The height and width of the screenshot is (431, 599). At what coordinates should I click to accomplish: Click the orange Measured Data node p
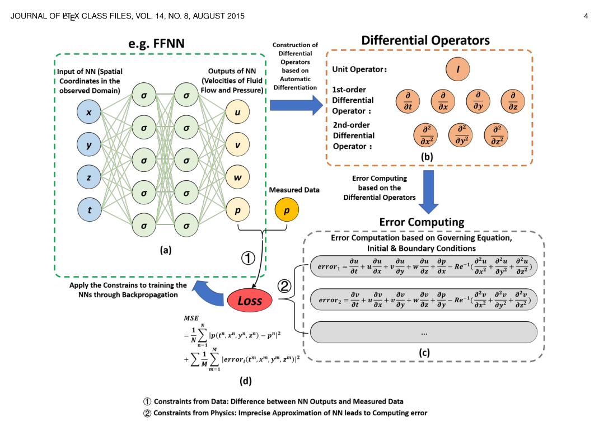click(287, 210)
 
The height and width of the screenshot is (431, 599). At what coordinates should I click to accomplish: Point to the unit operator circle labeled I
click(457, 69)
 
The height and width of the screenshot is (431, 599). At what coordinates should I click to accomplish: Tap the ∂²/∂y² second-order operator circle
click(461, 135)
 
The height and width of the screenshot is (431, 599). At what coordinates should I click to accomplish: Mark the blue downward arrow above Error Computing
click(429, 191)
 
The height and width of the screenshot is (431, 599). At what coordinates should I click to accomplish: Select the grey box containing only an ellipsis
click(423, 332)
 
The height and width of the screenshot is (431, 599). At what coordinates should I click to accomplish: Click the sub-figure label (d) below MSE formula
click(246, 381)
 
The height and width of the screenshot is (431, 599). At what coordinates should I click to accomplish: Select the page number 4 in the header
click(586, 16)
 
